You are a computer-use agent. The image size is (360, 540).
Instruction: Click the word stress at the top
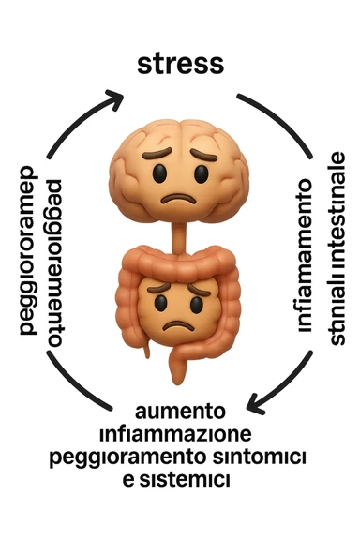coord(180,65)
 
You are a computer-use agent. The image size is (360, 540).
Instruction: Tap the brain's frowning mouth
coord(178,199)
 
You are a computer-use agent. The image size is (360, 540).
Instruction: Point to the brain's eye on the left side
coord(159,172)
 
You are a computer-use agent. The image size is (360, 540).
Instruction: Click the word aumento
coord(179,412)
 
